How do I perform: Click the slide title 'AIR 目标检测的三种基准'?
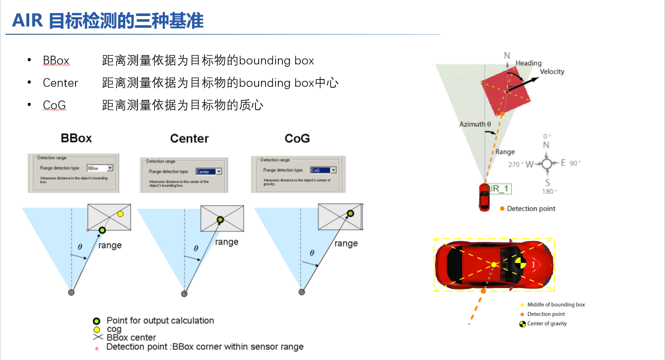(x=107, y=21)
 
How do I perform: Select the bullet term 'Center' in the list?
(x=60, y=83)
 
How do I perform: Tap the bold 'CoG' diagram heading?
(x=297, y=138)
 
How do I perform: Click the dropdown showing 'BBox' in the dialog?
(x=100, y=168)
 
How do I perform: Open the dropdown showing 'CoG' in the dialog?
(x=323, y=170)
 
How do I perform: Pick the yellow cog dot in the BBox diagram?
(x=120, y=214)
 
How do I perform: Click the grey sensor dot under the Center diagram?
(x=184, y=294)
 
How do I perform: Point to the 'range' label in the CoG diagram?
(x=346, y=244)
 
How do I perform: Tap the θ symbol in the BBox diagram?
(x=80, y=247)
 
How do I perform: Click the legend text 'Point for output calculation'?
(x=160, y=321)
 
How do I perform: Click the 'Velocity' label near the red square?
(x=552, y=72)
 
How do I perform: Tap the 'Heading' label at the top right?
(x=528, y=63)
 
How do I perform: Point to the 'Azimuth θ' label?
(x=475, y=124)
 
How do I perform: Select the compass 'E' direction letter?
(x=563, y=163)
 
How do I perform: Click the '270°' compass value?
(x=514, y=164)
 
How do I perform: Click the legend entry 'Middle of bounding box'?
(x=556, y=305)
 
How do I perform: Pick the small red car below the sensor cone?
(x=484, y=197)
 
